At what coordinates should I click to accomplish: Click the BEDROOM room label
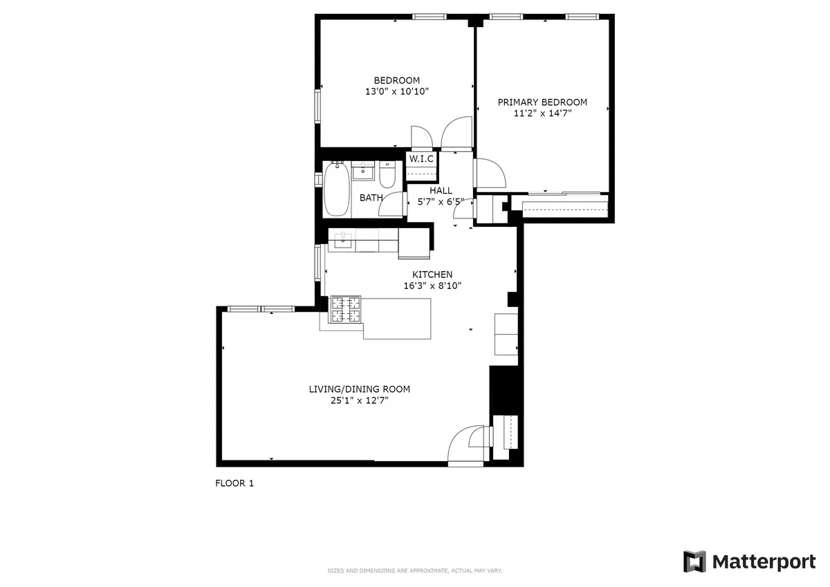coord(396,80)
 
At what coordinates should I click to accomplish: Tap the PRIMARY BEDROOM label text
coord(542,102)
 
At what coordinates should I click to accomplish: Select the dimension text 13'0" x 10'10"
coord(396,91)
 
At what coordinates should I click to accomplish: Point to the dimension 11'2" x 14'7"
coord(542,113)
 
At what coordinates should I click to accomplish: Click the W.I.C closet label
coord(421,159)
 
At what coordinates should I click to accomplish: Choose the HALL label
coord(441,191)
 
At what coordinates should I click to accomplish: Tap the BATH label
coord(371,198)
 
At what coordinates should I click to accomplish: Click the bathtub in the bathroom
coord(337,189)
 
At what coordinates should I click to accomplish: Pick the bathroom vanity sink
coord(362,171)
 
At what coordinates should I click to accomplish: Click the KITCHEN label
coord(432,274)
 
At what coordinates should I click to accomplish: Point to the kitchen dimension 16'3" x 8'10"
coord(432,286)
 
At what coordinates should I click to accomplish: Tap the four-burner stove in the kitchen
coord(347,309)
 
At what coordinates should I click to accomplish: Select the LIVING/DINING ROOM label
coord(354,389)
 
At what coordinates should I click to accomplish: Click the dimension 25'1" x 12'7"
coord(354,400)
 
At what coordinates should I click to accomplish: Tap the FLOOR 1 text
coord(234,484)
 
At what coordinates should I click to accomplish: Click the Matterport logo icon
coord(694,561)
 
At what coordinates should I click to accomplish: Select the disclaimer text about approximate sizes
coord(414,571)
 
